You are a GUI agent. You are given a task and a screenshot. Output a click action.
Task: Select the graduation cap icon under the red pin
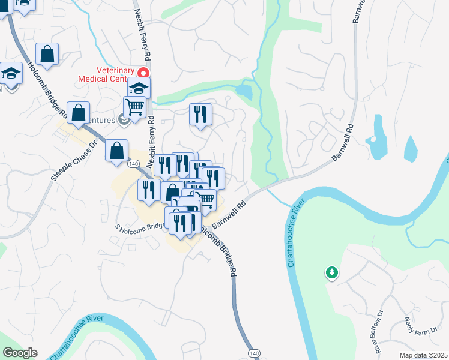pyautogui.click(x=139, y=89)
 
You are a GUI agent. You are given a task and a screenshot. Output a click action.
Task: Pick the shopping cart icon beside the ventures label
pyautogui.click(x=135, y=107)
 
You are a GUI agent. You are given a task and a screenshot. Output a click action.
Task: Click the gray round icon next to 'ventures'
pyautogui.click(x=124, y=121)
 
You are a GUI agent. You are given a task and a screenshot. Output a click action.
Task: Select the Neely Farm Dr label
pyautogui.click(x=415, y=329)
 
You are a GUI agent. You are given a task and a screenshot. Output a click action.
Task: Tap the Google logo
pyautogui.click(x=20, y=353)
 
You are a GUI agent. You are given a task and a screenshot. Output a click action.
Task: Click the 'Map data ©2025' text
pyautogui.click(x=423, y=355)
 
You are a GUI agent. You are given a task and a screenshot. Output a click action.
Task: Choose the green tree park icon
pyautogui.click(x=331, y=274)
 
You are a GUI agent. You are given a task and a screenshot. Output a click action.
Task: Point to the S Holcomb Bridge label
pyautogui.click(x=139, y=227)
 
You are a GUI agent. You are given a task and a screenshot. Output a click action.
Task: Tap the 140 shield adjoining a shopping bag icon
pyautogui.click(x=134, y=163)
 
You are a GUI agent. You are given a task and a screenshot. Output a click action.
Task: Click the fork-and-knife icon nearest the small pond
pyautogui.click(x=200, y=114)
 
